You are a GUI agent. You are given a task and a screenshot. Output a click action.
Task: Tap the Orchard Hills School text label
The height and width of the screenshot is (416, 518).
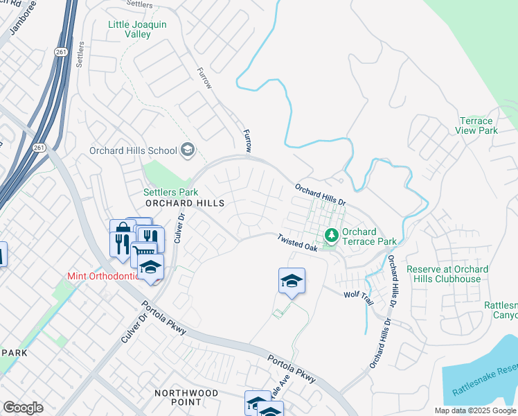coord(133,150)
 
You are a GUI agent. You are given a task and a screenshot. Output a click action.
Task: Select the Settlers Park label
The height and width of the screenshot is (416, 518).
coord(170,192)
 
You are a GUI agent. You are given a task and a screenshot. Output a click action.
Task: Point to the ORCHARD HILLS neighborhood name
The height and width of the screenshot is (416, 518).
coord(185,203)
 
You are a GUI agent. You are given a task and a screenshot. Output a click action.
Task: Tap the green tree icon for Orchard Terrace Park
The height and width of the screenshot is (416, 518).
coord(332,236)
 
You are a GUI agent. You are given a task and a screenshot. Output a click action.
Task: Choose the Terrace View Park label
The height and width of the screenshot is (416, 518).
coord(478,125)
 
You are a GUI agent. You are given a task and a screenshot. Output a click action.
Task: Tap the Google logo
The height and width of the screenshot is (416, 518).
coord(23,408)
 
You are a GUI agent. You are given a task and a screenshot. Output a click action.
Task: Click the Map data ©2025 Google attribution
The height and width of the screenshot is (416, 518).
coord(475,410)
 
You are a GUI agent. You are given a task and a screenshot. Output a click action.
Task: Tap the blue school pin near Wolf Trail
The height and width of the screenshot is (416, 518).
coord(292,281)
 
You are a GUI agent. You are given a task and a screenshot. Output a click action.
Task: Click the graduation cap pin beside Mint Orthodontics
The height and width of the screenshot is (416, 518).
coord(150,268)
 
